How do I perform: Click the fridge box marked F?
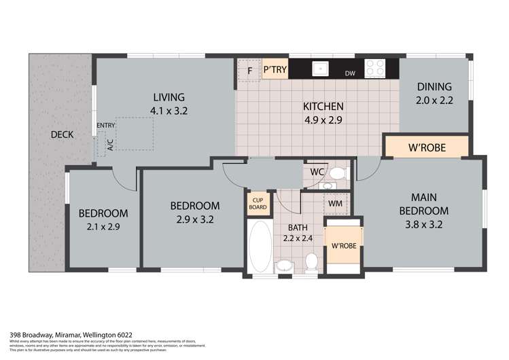(x=249, y=71)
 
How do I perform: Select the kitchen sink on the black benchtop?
(x=319, y=69)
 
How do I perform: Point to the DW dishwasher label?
(x=350, y=73)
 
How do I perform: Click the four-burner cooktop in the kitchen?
(x=374, y=69)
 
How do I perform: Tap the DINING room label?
(x=433, y=86)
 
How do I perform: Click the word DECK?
(x=63, y=134)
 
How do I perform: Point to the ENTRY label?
(x=106, y=126)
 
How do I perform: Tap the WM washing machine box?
(x=335, y=203)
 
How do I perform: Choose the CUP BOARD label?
(x=258, y=203)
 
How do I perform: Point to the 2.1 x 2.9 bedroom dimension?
(x=103, y=227)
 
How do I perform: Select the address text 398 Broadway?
(x=34, y=334)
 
